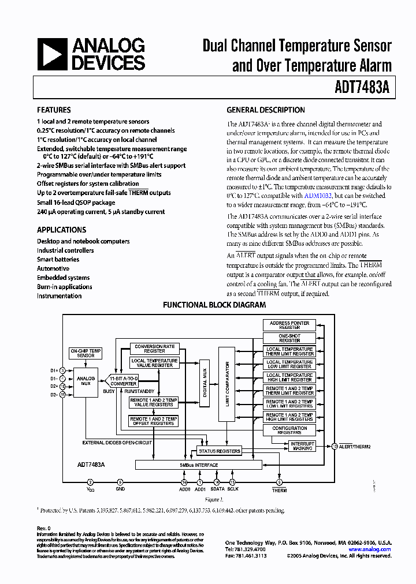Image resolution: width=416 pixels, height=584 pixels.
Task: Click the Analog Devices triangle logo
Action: (x=51, y=54)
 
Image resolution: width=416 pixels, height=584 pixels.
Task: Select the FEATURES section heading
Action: (x=54, y=110)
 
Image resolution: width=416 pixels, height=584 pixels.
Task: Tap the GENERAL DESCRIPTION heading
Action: (x=266, y=110)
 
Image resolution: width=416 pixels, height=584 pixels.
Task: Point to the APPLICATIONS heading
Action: (x=61, y=230)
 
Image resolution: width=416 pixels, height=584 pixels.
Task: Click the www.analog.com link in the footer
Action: (x=370, y=549)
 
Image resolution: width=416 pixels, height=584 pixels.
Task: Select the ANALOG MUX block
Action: (x=86, y=381)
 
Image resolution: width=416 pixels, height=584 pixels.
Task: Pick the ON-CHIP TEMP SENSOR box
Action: (x=86, y=353)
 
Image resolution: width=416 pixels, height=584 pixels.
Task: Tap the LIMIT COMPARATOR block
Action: (x=227, y=384)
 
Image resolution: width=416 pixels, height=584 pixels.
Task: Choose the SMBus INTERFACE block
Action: (x=198, y=465)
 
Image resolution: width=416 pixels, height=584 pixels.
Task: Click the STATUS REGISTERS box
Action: (x=219, y=451)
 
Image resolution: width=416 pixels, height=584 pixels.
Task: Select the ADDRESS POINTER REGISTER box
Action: (x=289, y=325)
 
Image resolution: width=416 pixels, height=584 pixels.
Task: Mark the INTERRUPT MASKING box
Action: (x=302, y=446)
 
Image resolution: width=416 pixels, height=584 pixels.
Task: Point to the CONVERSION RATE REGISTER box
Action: (x=154, y=349)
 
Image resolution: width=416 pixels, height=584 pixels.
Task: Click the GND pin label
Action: (x=120, y=489)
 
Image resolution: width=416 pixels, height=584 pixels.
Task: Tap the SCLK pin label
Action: (x=232, y=489)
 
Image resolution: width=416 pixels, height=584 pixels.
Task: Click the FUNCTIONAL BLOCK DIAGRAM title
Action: (x=214, y=305)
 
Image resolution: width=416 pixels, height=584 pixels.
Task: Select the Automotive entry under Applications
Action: (x=53, y=268)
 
